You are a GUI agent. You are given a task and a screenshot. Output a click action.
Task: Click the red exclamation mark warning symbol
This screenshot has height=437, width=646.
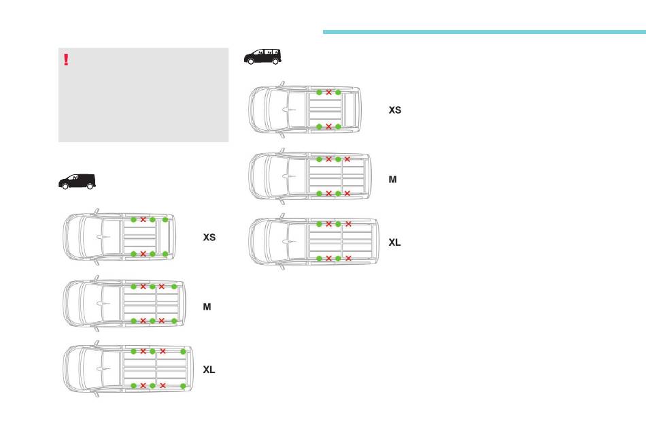[66, 60]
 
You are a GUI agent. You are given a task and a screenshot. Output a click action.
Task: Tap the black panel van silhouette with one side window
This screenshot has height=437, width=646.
[77, 181]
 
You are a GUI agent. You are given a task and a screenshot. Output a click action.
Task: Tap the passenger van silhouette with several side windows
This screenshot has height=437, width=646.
[262, 56]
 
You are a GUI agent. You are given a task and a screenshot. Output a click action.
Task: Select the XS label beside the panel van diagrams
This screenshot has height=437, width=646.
[209, 238]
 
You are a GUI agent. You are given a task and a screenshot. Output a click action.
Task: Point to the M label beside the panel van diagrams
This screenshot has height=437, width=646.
[207, 307]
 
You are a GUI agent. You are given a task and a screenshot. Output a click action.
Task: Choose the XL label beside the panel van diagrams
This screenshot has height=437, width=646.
[209, 370]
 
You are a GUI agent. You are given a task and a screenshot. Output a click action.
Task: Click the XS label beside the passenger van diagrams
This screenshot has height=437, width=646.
[395, 110]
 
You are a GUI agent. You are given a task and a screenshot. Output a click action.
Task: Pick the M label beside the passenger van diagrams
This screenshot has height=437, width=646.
[392, 180]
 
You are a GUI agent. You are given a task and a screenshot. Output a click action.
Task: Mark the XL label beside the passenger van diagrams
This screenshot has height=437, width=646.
[395, 242]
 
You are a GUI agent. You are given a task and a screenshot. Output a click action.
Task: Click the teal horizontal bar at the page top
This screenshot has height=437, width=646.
[483, 31]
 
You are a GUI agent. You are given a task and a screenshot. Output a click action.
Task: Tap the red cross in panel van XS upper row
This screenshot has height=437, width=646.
[143, 219]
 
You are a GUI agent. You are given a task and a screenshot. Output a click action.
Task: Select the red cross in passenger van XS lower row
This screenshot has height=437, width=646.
[328, 127]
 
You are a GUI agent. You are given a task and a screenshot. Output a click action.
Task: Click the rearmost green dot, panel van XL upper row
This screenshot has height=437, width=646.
[183, 351]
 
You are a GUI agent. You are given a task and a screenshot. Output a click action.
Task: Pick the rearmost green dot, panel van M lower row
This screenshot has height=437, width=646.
[174, 321]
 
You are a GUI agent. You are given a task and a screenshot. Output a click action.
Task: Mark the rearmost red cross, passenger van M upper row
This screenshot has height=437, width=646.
[347, 159]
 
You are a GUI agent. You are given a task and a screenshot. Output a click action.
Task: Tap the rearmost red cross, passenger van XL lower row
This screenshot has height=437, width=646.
[348, 259]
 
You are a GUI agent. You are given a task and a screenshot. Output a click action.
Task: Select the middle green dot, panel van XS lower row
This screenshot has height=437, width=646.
[152, 254]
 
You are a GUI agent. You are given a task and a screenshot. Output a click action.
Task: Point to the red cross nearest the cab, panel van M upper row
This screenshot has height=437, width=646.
[143, 287]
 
